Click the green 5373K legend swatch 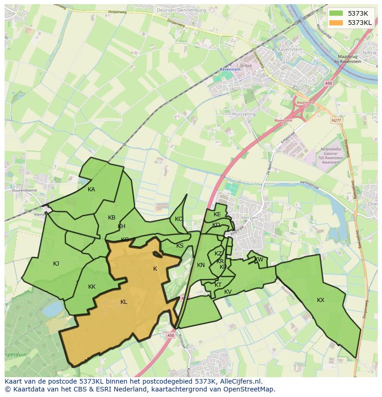337,13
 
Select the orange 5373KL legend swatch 337,23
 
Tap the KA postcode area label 91,190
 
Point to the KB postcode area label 112,218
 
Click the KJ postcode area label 56,264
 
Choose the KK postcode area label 92,287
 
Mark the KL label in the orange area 124,302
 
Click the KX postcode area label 321,300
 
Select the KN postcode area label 201,265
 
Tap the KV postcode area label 228,292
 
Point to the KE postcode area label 217,214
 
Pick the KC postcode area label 179,219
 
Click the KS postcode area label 180,246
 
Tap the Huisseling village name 244,114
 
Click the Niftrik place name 369,53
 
